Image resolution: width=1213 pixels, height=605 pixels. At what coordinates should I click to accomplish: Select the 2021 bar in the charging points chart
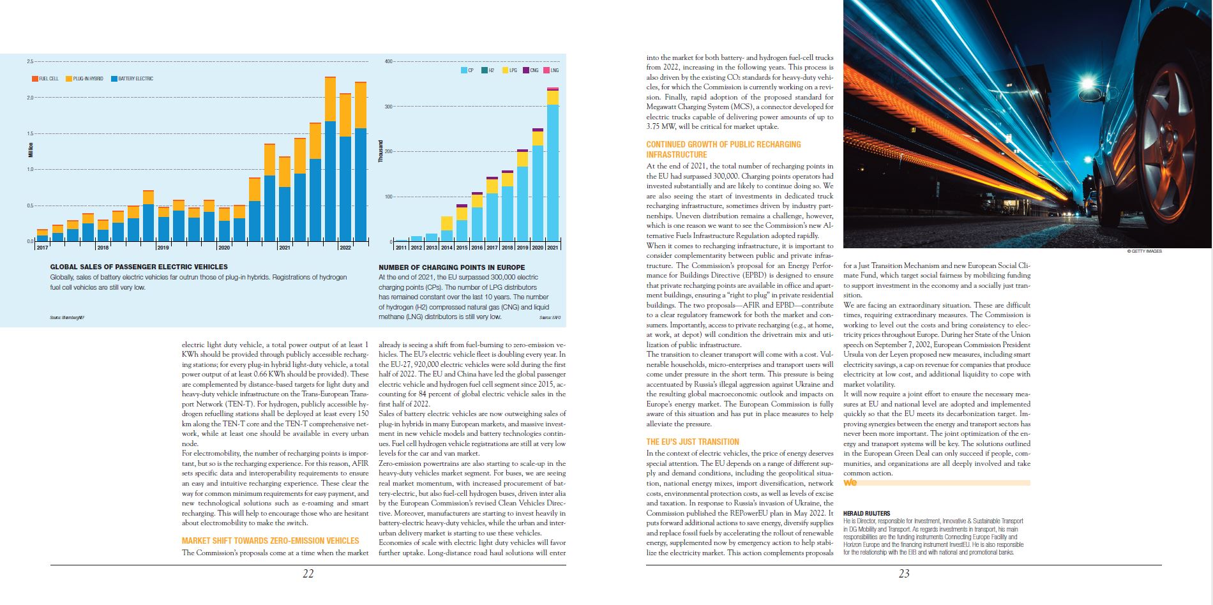(553, 166)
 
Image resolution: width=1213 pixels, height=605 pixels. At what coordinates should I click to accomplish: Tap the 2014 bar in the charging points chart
(446, 229)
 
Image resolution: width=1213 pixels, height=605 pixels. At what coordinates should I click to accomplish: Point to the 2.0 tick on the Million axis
(29, 98)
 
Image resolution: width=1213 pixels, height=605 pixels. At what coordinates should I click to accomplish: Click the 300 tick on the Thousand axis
(388, 107)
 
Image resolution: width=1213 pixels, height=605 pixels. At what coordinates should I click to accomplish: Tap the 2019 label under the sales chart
(163, 248)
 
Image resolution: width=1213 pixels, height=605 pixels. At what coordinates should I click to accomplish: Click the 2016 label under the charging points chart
(477, 248)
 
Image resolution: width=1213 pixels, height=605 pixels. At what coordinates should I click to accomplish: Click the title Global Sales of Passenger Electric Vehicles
(139, 267)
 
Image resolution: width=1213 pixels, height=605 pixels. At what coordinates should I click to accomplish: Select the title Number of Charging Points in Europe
(451, 267)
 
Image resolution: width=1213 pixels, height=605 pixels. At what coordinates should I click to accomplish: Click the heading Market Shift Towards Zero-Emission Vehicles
(270, 541)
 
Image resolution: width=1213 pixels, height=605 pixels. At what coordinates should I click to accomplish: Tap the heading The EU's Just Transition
(692, 442)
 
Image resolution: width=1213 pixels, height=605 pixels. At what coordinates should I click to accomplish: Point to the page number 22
(308, 574)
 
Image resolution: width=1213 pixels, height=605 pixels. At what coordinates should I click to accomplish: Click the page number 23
(904, 574)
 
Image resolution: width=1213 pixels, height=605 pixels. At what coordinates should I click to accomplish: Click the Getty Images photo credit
(1144, 251)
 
